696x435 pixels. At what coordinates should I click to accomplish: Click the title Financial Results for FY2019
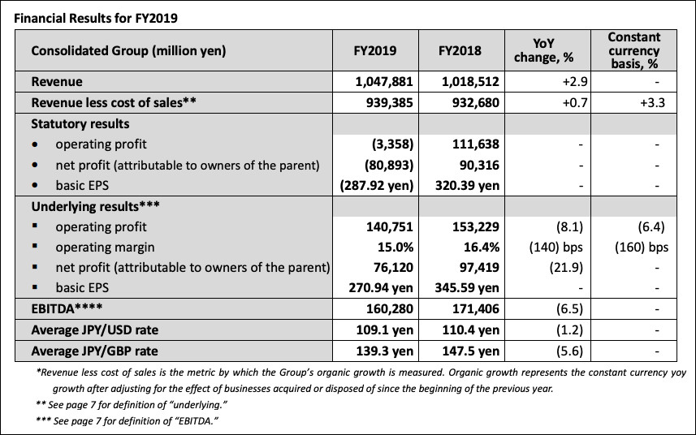96,18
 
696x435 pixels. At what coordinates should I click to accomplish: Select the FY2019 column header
375,50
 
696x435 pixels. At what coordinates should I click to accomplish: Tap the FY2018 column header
460,50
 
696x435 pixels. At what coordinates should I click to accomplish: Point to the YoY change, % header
544,50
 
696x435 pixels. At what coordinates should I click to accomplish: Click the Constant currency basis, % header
633,50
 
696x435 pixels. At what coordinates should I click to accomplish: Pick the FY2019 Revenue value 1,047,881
384,82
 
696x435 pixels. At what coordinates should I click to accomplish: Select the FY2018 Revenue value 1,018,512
470,82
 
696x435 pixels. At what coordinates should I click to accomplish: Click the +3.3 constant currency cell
652,103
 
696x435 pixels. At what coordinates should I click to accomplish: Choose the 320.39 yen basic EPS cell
468,185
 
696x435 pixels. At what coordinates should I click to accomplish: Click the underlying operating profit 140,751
390,226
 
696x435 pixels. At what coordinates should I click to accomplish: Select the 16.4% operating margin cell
482,247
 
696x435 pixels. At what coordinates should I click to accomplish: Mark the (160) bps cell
642,247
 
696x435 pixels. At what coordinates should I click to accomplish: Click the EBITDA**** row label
67,308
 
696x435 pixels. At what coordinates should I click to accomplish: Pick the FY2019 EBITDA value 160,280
390,308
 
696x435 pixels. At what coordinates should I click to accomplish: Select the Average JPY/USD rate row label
94,330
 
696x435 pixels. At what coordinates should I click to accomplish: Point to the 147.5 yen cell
471,351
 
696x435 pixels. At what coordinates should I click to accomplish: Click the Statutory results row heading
80,123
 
